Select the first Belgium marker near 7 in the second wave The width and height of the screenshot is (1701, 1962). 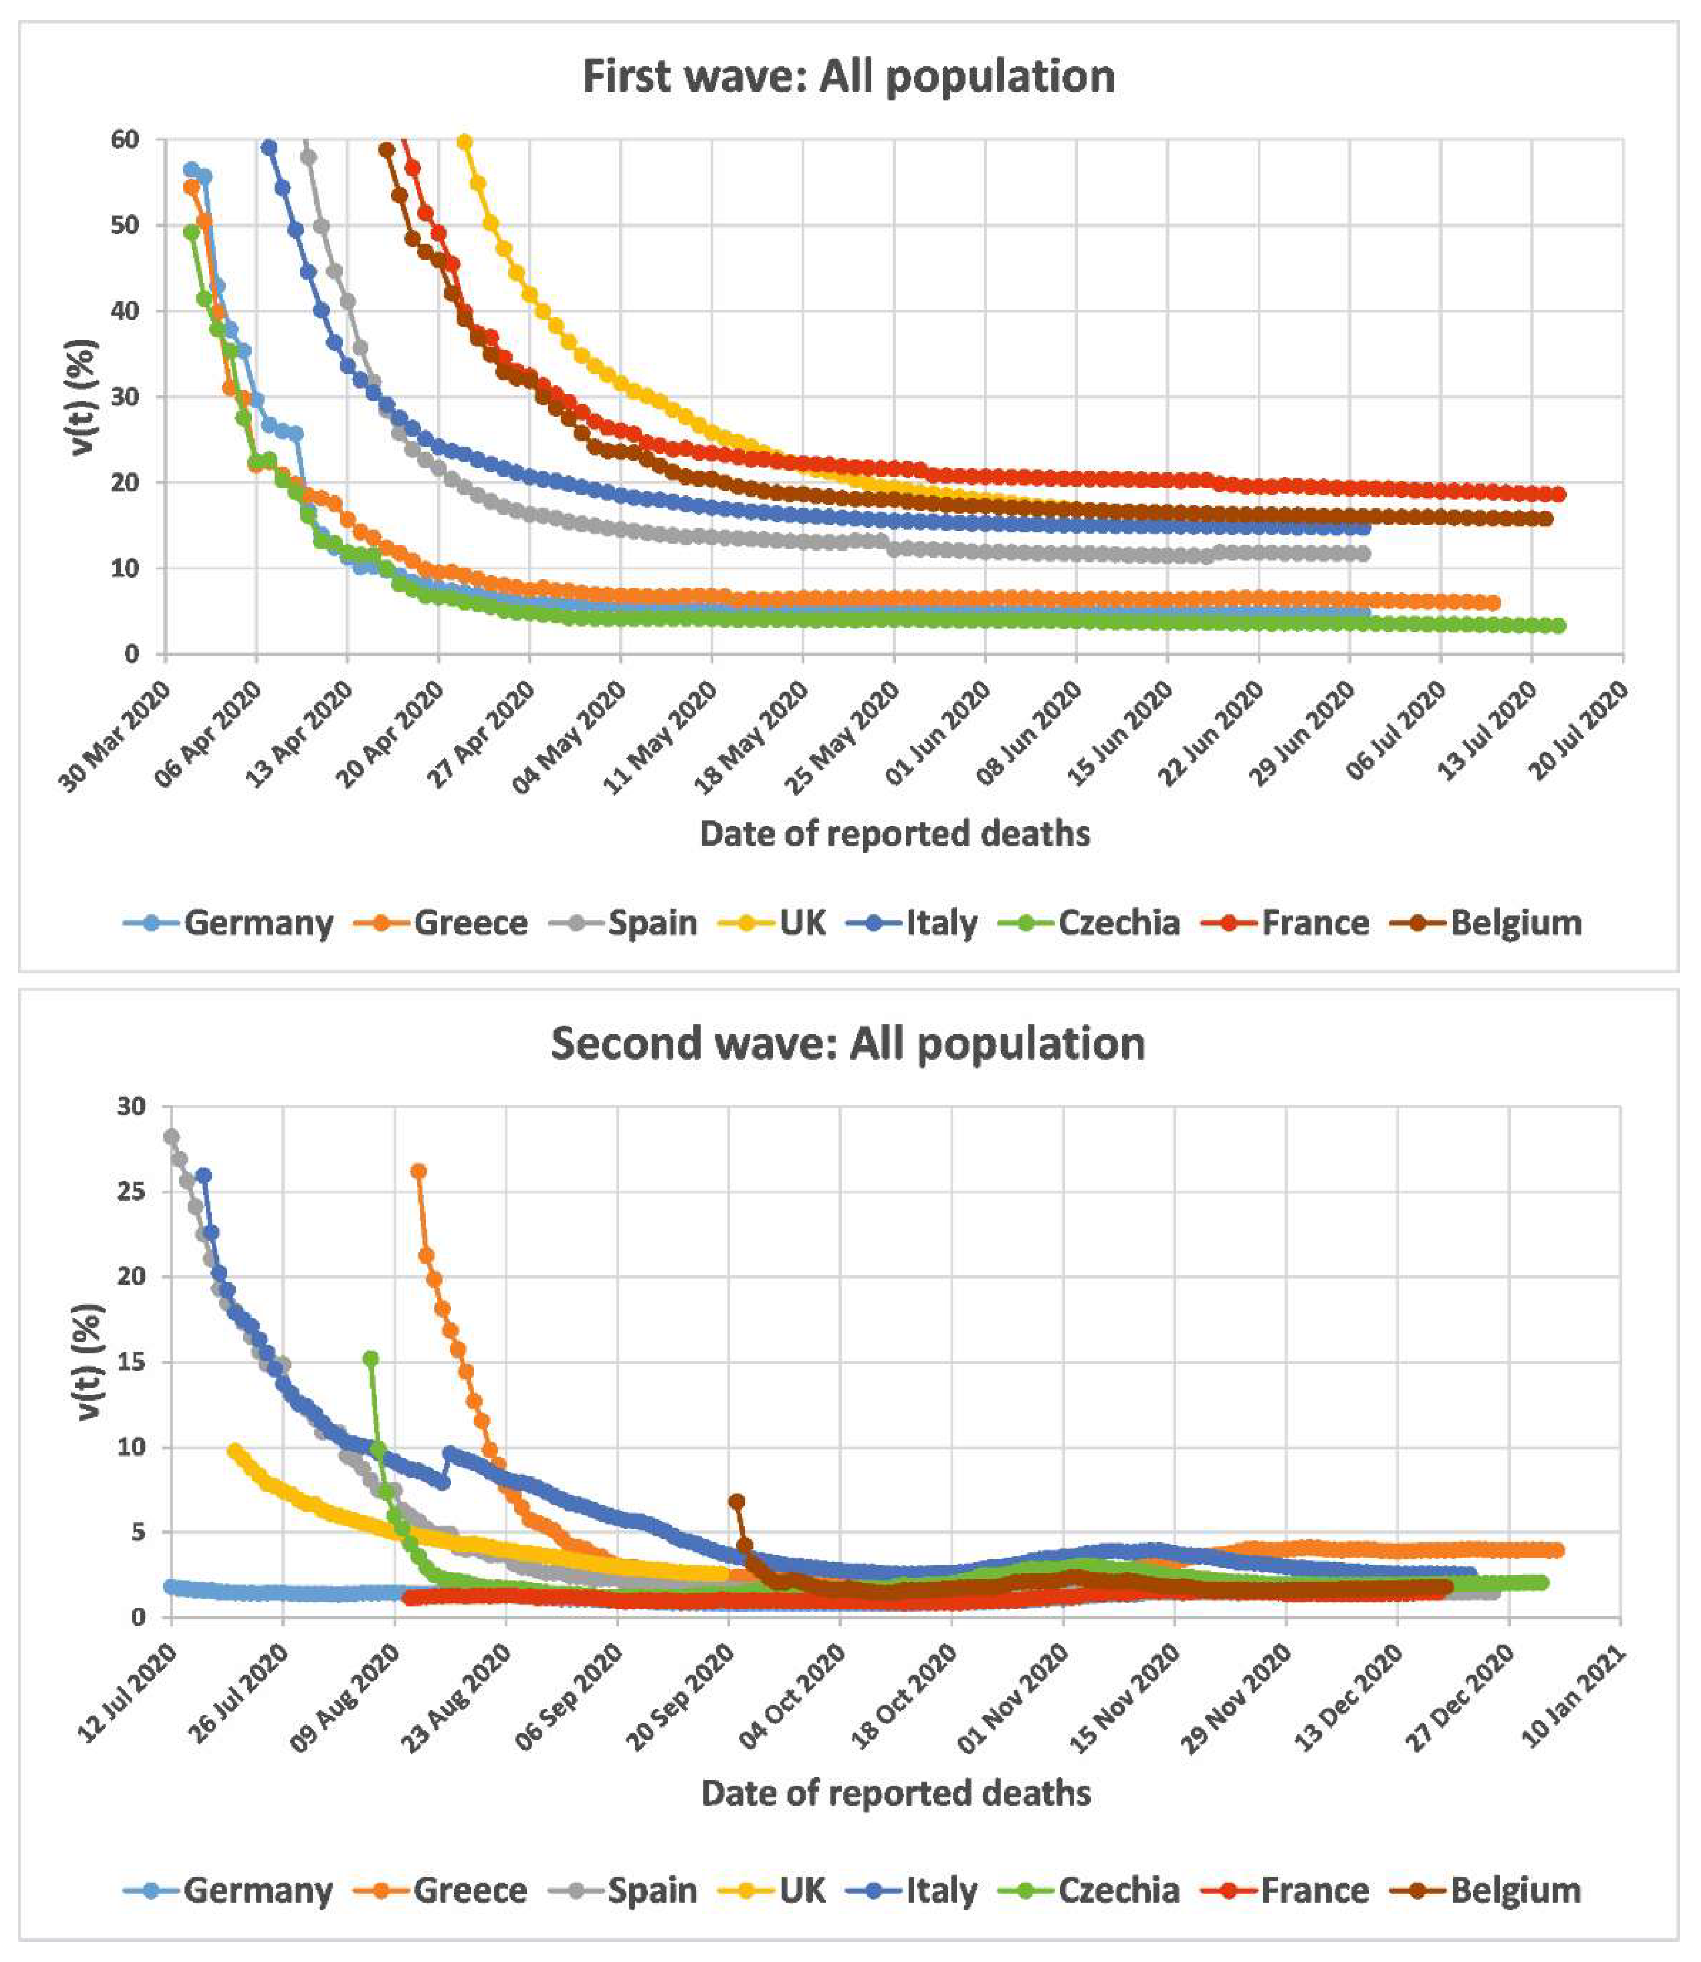tap(737, 1502)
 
